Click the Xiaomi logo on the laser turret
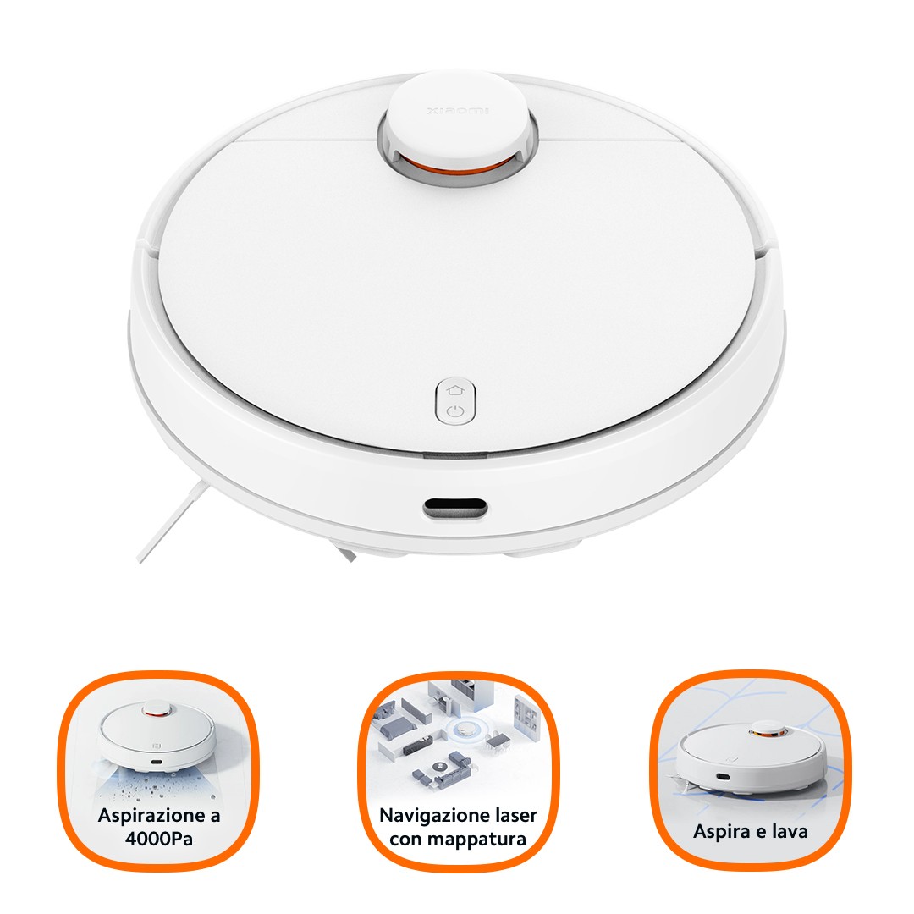pos(458,110)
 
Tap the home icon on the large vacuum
pos(455,389)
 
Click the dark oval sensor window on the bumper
pos(455,508)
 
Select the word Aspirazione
pos(151,815)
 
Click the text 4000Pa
pos(158,840)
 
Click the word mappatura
pos(474,840)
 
